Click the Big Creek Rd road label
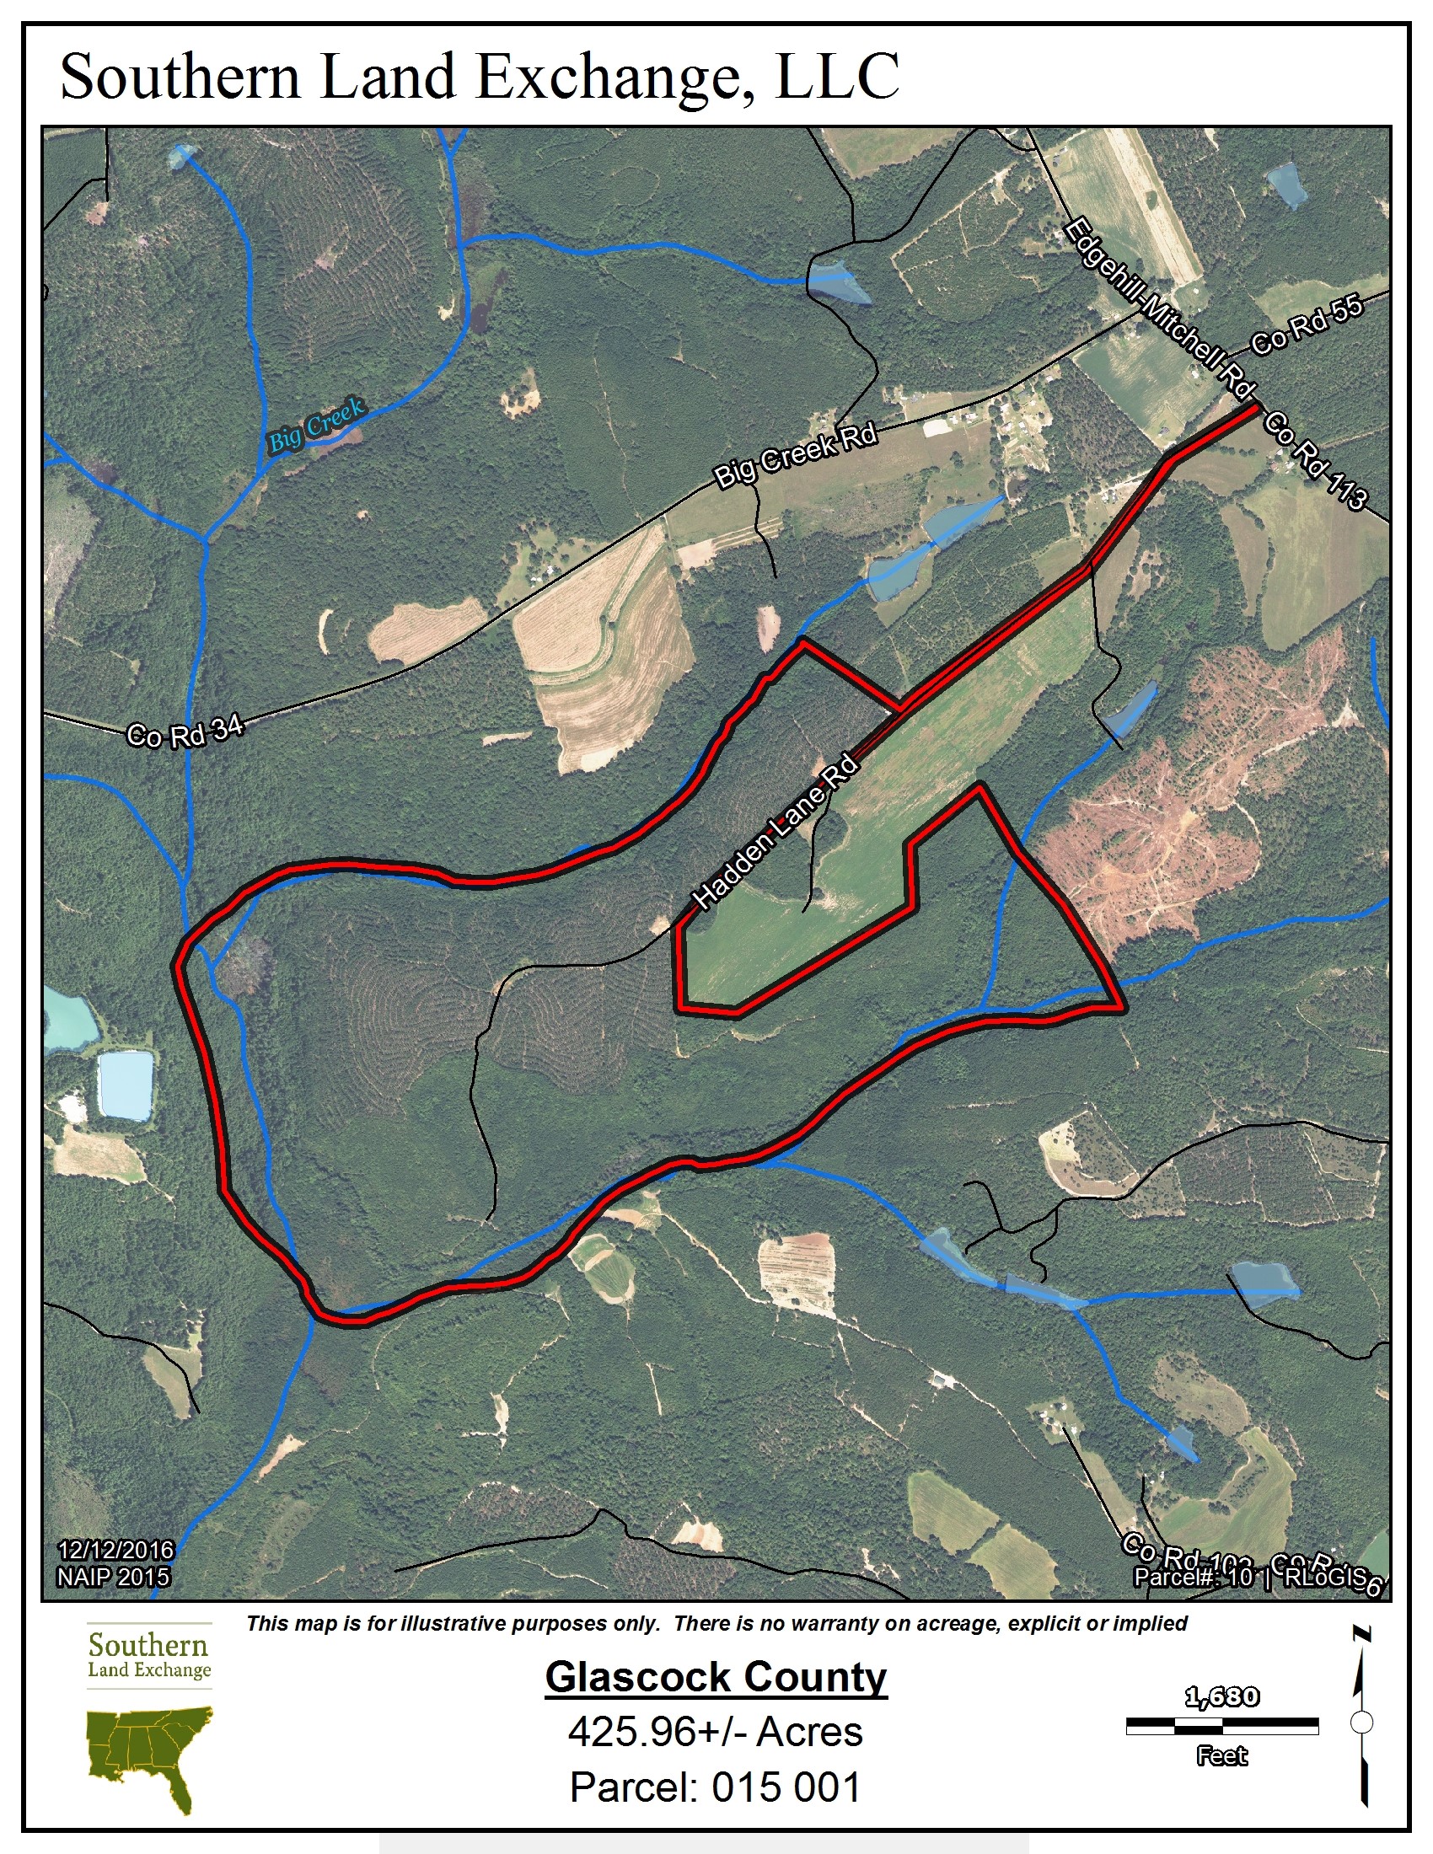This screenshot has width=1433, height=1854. click(795, 456)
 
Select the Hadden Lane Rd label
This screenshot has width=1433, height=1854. click(775, 833)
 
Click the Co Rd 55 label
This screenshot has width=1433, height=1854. click(1307, 325)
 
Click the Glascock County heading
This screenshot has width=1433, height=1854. click(716, 1677)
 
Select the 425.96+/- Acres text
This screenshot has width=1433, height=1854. click(716, 1732)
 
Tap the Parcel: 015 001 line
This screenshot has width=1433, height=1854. click(716, 1786)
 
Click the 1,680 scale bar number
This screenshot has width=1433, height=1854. click(1221, 1698)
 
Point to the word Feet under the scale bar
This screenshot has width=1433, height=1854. click(1221, 1755)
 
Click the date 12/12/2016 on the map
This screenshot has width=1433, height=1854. click(115, 1551)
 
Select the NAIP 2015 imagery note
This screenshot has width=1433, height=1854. click(114, 1578)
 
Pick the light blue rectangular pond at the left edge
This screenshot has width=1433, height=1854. click(126, 1085)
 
